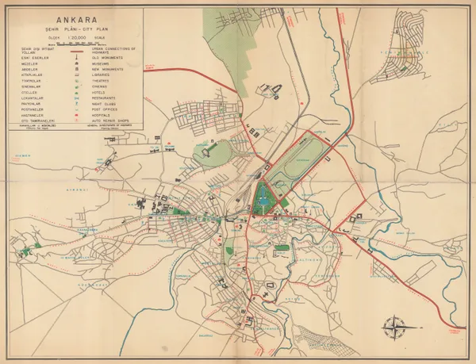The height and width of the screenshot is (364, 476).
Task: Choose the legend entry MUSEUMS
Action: click(102, 64)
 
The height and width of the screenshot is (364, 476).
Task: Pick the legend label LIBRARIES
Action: click(103, 76)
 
